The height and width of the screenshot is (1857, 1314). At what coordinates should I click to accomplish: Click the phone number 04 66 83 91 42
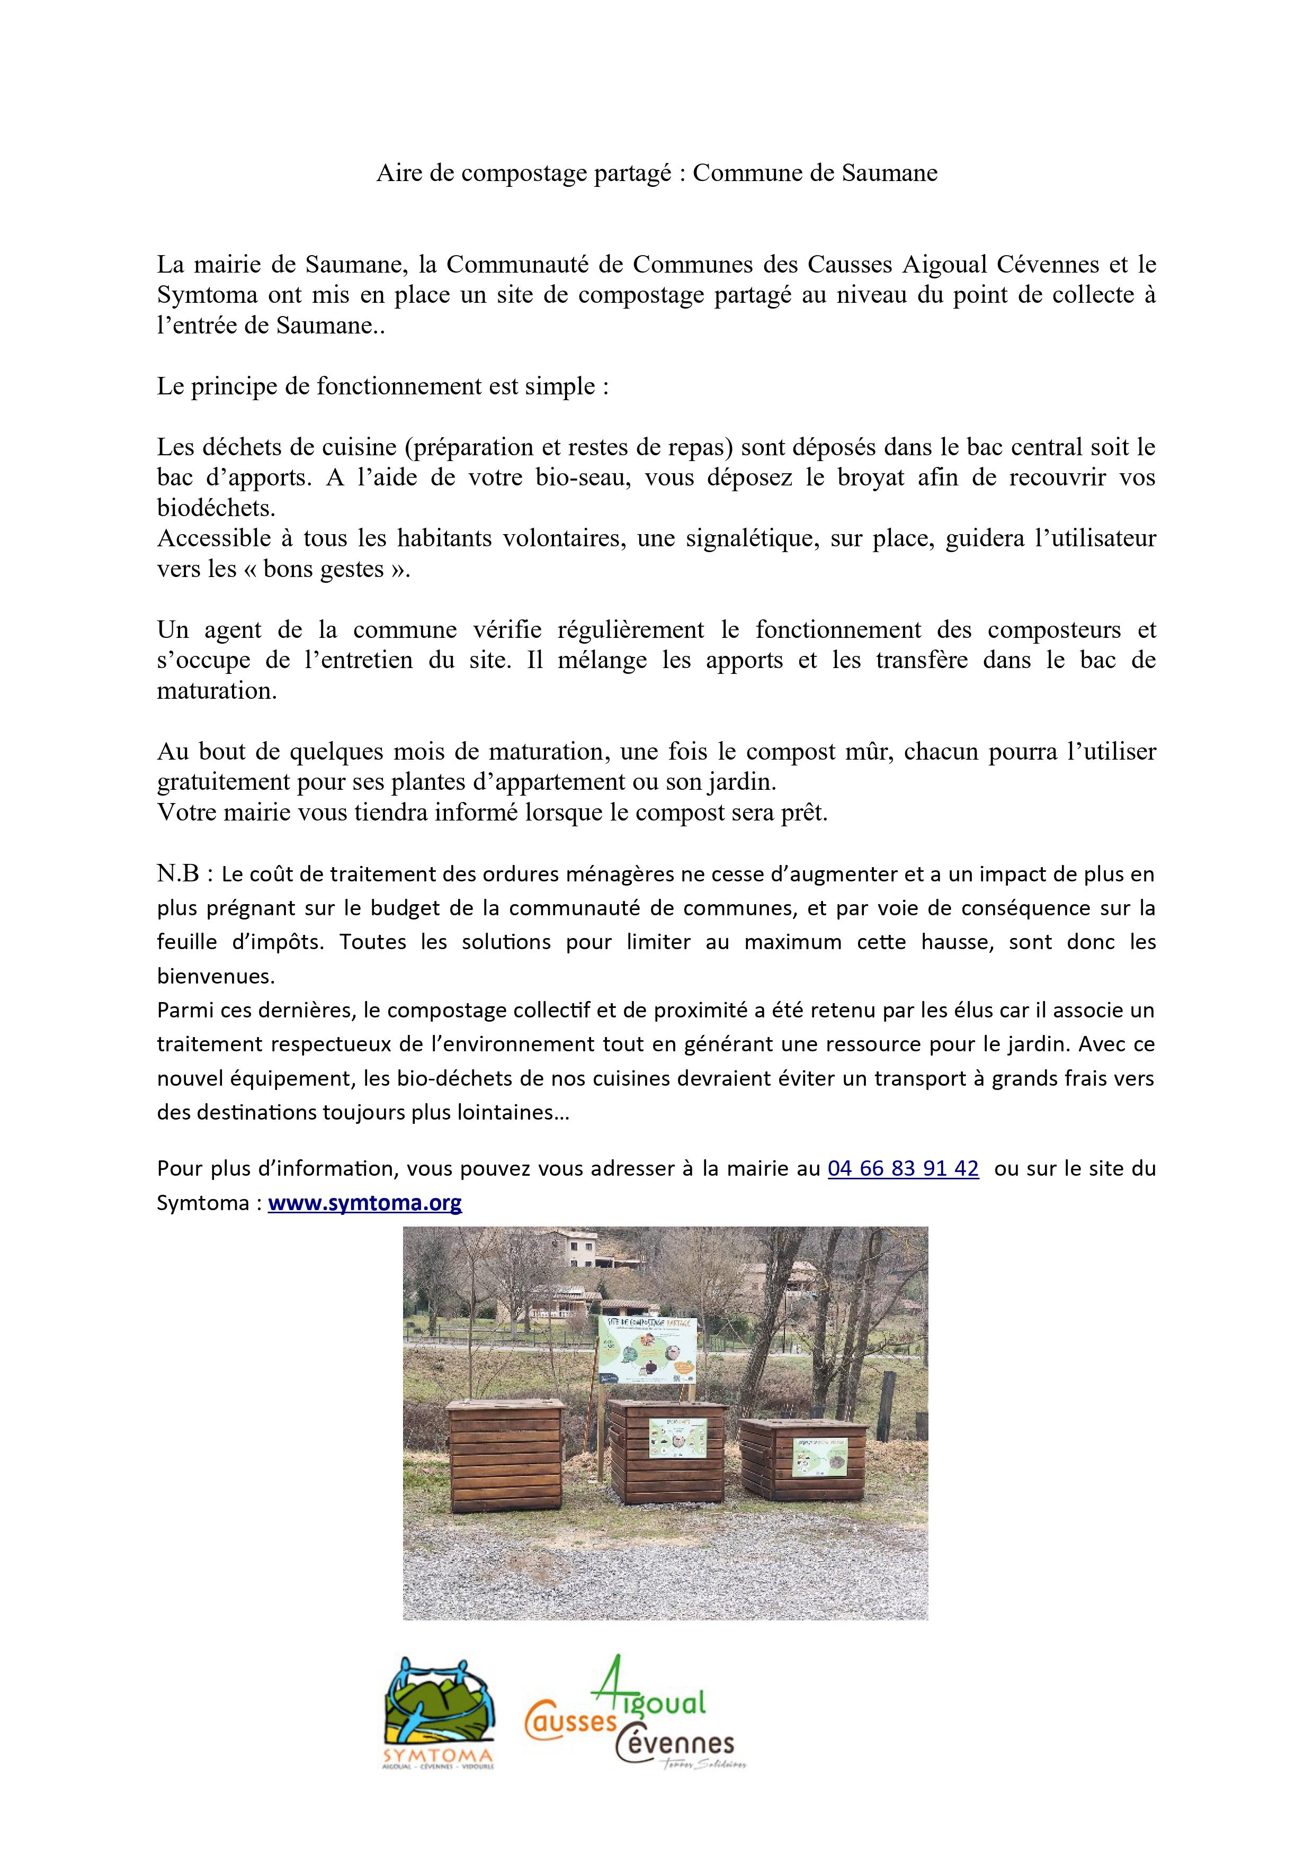click(903, 1169)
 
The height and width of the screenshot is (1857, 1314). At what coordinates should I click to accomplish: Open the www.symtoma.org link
click(365, 1203)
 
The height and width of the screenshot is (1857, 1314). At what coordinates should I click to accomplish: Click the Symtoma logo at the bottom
click(440, 1725)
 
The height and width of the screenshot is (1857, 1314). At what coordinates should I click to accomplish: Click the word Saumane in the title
click(889, 173)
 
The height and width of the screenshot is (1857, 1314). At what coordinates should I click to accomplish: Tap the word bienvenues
click(216, 976)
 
